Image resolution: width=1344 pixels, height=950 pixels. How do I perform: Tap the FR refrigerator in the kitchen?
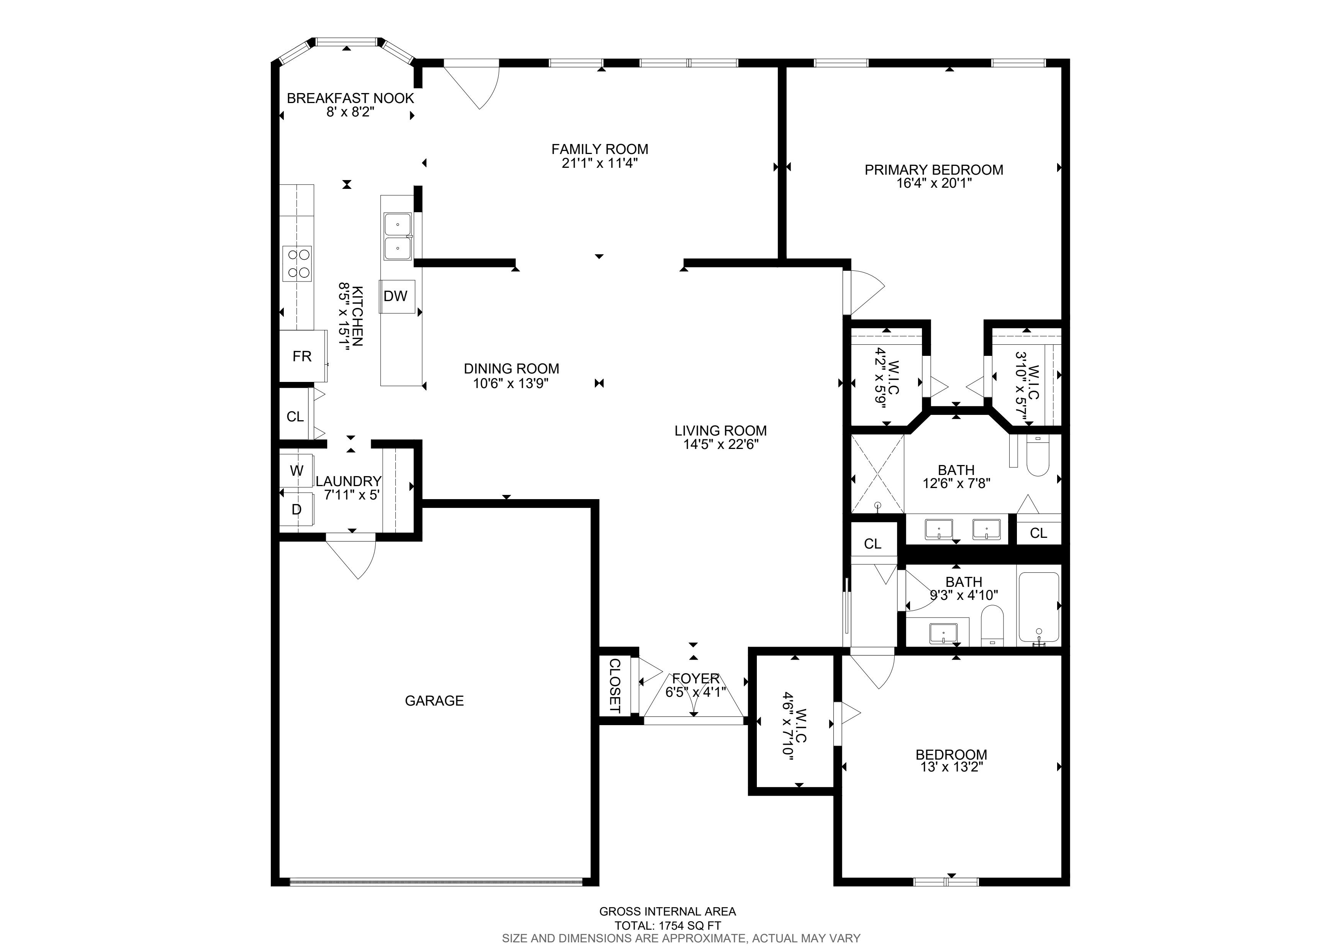(x=303, y=356)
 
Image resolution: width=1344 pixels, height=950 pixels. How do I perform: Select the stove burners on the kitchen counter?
(x=297, y=264)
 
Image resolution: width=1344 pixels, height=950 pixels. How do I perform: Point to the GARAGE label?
(x=434, y=701)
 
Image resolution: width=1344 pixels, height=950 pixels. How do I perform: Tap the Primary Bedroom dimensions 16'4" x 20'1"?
(x=934, y=183)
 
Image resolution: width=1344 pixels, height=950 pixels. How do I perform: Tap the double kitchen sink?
(x=398, y=236)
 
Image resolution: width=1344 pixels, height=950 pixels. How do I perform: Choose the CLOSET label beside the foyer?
(x=615, y=685)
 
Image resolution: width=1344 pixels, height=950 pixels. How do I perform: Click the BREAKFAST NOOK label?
(x=350, y=98)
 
